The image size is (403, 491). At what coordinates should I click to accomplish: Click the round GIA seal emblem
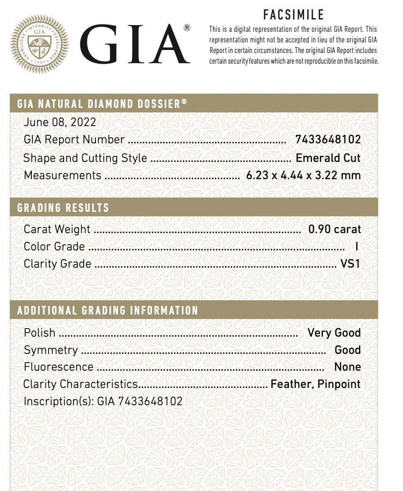[39, 44]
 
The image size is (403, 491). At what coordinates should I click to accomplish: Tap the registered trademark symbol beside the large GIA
[187, 28]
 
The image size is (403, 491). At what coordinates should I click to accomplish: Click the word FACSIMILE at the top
[293, 15]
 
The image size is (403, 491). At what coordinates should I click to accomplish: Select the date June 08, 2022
[60, 122]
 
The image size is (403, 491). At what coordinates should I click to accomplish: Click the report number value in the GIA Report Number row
[328, 140]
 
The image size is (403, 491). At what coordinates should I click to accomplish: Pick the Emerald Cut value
[328, 158]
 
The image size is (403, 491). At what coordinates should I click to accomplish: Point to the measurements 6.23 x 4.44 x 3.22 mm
[303, 175]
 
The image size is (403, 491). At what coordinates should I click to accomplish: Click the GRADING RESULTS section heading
[63, 207]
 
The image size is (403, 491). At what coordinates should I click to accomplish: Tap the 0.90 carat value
[335, 229]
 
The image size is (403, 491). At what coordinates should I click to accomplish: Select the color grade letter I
[356, 247]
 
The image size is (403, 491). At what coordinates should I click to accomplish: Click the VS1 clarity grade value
[350, 264]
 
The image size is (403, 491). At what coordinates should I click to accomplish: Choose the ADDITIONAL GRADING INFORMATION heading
[108, 310]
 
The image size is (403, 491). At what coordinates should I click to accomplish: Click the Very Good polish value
[334, 333]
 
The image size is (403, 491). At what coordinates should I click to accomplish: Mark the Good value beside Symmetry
[348, 350]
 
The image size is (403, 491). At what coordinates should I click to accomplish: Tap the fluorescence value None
[348, 367]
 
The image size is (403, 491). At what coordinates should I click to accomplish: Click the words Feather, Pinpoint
[316, 384]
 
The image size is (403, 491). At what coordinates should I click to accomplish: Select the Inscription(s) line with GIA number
[103, 401]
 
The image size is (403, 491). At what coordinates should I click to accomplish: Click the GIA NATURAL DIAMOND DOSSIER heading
[102, 104]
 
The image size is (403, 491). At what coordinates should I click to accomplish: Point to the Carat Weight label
[57, 229]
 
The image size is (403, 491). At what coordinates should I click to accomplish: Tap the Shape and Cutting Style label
[85, 158]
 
